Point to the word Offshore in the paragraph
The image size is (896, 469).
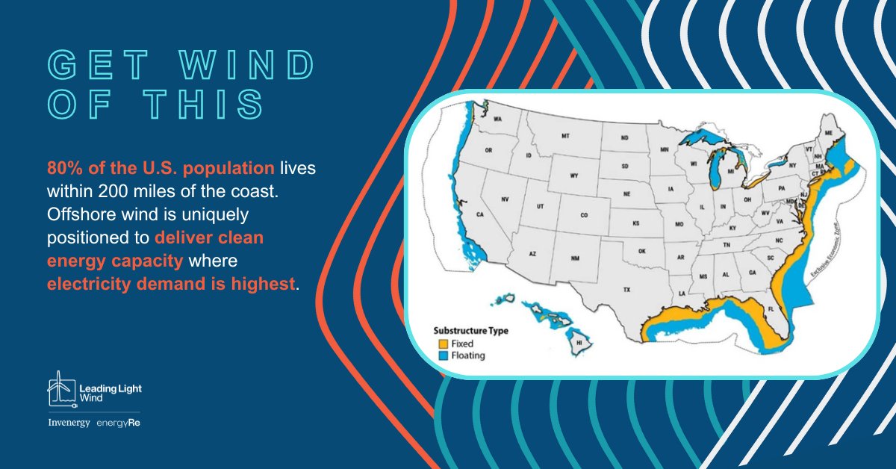coord(78,215)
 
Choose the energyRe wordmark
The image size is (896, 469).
coord(118,423)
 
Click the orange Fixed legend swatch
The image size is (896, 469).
coord(443,344)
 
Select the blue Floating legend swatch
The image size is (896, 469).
coord(443,356)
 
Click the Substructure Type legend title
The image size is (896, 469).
coord(470,330)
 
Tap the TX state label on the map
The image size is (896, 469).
coord(627,289)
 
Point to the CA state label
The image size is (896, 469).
coord(481,215)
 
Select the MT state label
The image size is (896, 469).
coord(565,136)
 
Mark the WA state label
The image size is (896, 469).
coord(497,120)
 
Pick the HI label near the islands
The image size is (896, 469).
coord(578,344)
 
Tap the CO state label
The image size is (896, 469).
coord(584,212)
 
